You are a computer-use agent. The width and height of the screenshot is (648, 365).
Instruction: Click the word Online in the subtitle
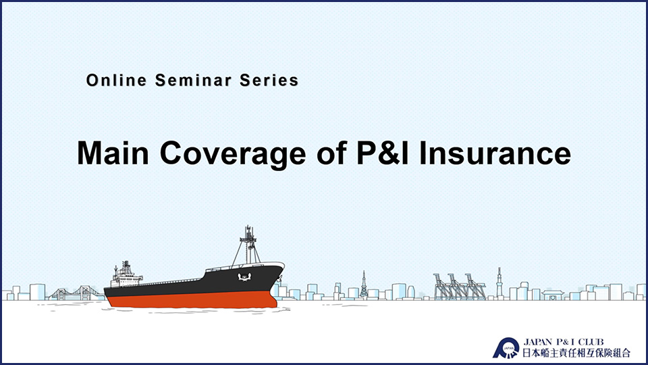(x=117, y=80)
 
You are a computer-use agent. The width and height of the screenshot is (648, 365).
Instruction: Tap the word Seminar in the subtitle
(x=194, y=80)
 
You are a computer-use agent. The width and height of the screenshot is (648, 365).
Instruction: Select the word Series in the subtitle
(x=269, y=80)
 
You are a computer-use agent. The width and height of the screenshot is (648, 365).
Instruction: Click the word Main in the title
(x=113, y=153)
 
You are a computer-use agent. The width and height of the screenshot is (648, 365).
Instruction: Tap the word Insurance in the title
(x=495, y=153)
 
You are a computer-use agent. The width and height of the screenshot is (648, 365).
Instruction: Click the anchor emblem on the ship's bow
(x=244, y=276)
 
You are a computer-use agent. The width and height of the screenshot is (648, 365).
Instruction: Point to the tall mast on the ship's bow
(x=248, y=245)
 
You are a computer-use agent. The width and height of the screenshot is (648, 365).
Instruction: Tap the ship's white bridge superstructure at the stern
(x=126, y=275)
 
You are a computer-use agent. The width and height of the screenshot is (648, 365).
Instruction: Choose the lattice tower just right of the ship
(x=364, y=285)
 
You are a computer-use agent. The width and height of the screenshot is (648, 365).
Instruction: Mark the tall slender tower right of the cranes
(x=500, y=283)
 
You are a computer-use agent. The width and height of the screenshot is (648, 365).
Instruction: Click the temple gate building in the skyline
(x=553, y=295)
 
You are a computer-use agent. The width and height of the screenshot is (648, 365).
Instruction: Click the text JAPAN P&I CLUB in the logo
(x=564, y=342)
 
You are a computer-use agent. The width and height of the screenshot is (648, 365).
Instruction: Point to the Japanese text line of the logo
(x=576, y=353)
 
